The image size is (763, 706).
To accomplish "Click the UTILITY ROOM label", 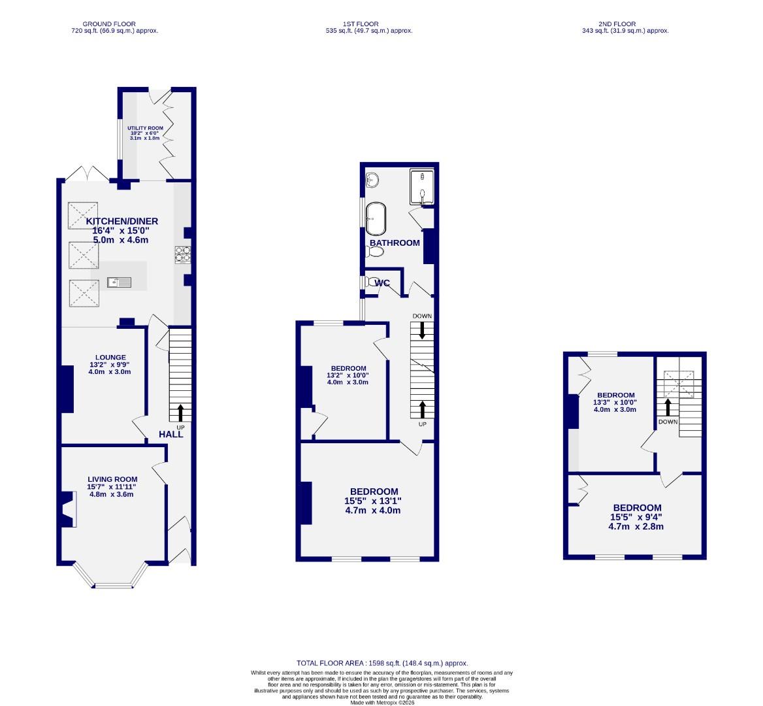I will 145,129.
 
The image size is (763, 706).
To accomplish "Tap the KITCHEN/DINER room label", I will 122,221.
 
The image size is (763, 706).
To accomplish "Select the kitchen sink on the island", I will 120,282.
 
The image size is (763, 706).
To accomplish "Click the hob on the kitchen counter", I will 182,254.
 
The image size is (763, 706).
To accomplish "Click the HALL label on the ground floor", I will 171,434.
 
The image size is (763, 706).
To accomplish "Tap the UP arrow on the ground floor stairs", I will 180,412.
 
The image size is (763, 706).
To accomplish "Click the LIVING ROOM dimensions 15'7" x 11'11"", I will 111,486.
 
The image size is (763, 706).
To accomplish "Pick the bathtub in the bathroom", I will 375,218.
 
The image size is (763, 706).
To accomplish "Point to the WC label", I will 382,283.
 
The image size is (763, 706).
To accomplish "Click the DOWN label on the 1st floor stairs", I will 422,316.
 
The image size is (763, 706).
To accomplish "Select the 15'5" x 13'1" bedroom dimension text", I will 373,501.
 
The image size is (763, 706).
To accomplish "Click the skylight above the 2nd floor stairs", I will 678,384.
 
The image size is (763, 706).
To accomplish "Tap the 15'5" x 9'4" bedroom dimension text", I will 636,517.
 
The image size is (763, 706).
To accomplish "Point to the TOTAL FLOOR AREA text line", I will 382,662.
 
